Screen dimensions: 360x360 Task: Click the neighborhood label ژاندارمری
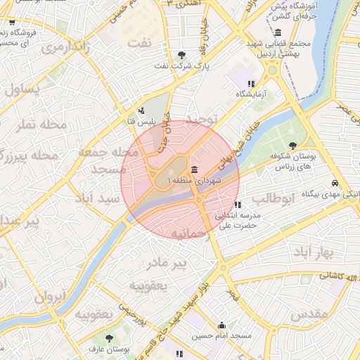pyautogui.click(x=65, y=48)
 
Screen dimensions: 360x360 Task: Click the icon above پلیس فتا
pyautogui.click(x=142, y=110)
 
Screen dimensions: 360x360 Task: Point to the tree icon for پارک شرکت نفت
pyautogui.click(x=182, y=55)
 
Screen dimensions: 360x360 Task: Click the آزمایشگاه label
pyautogui.click(x=252, y=94)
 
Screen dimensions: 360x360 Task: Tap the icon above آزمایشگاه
pyautogui.click(x=251, y=84)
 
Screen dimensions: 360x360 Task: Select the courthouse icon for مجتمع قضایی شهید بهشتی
pyautogui.click(x=278, y=33)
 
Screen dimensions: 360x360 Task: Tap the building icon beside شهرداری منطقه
pyautogui.click(x=194, y=170)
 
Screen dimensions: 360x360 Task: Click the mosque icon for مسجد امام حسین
pyautogui.click(x=222, y=325)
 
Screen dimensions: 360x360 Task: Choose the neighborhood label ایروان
pyautogui.click(x=49, y=295)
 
